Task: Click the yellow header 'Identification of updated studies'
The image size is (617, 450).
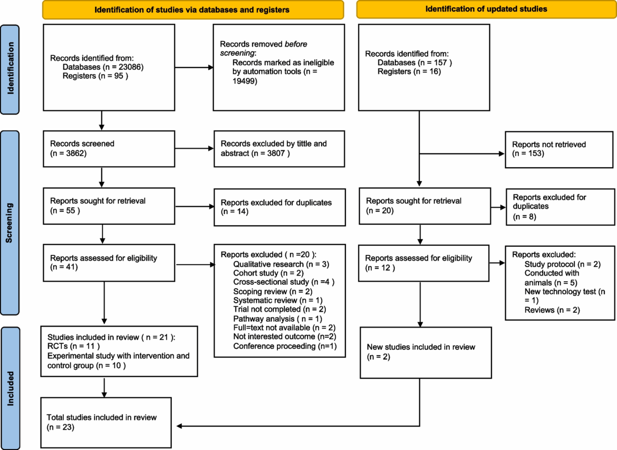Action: [x=486, y=9]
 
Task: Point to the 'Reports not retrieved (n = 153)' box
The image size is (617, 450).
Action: [x=559, y=148]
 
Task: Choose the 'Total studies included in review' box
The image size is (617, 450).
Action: [x=107, y=422]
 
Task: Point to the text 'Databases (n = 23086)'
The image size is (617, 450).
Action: [x=103, y=67]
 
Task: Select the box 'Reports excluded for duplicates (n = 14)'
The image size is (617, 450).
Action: [x=278, y=206]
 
